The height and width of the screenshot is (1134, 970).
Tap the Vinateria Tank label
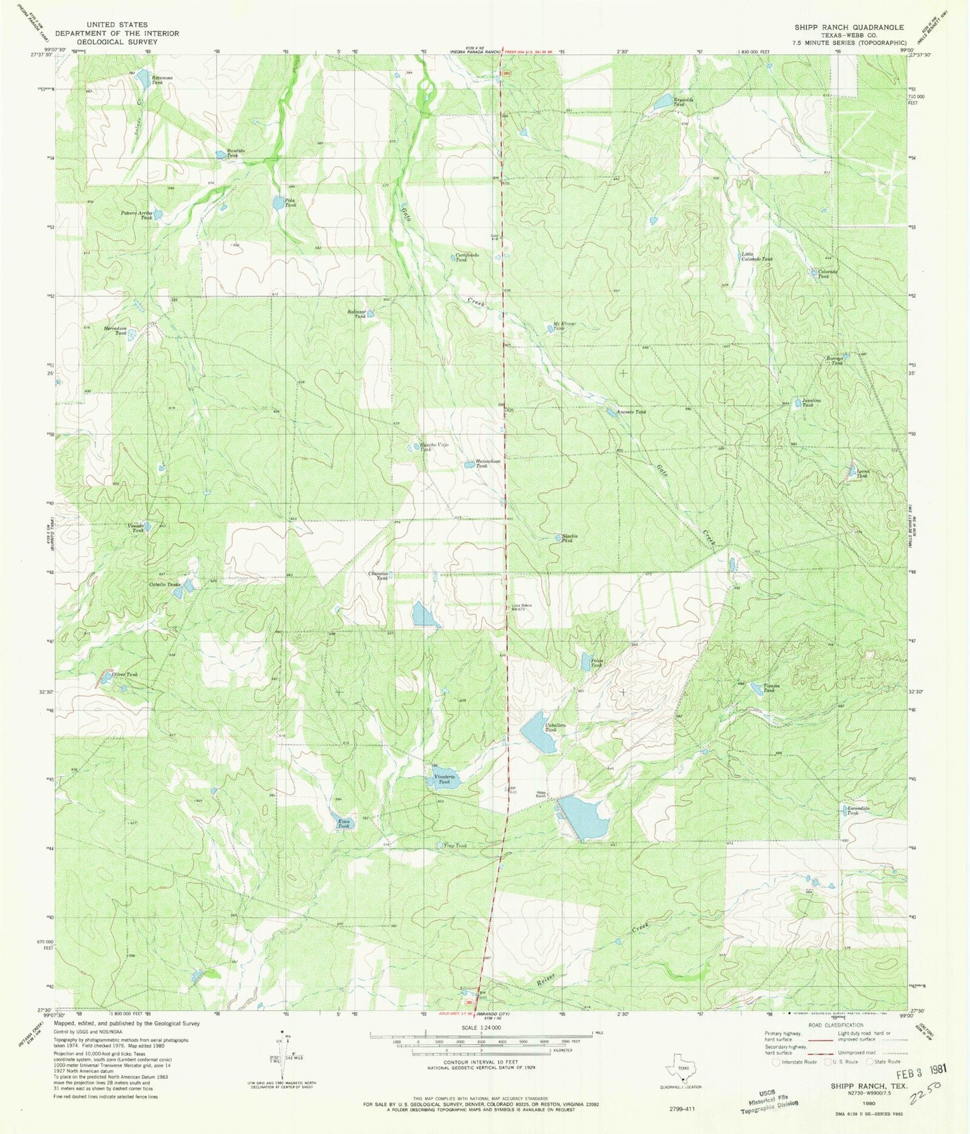click(444, 779)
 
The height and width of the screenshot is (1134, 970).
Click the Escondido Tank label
click(859, 810)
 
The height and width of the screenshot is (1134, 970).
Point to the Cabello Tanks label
click(164, 585)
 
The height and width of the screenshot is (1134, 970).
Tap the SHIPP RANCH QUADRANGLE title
click(848, 28)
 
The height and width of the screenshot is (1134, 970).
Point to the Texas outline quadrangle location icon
click(683, 1072)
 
